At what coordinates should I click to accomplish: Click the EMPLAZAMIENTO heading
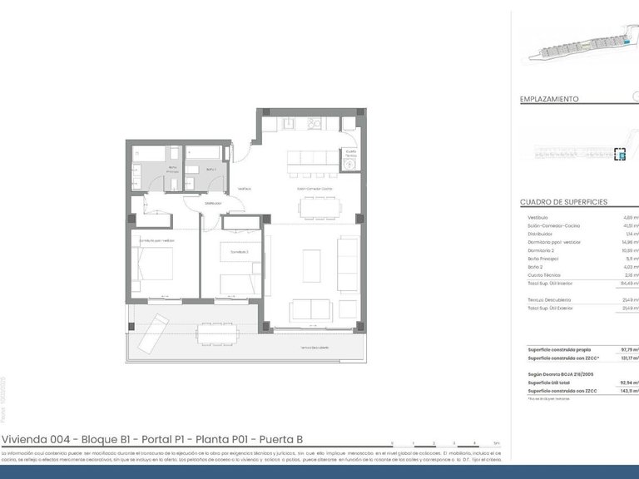point(548,99)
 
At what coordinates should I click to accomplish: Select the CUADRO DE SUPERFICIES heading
point(563,202)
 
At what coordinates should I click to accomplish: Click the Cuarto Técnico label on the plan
point(350,154)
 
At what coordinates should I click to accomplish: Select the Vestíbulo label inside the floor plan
point(245,189)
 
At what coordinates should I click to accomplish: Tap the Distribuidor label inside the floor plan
point(214,203)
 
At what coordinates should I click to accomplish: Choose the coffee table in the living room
point(311,265)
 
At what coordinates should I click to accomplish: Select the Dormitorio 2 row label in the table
point(544,250)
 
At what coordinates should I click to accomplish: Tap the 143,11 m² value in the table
point(627,390)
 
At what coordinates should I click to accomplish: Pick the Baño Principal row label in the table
point(544,259)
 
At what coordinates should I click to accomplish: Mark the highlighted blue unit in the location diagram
point(619,154)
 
